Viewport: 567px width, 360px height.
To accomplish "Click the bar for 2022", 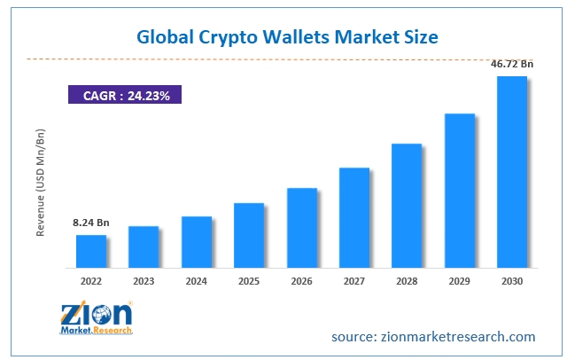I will tap(91, 251).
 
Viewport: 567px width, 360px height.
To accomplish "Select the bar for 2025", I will tap(249, 235).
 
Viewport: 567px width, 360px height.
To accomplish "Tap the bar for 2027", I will tap(354, 217).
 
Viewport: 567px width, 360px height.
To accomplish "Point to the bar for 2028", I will tap(407, 205).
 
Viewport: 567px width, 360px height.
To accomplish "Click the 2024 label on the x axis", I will tap(197, 281).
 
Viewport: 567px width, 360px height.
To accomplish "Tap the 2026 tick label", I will tap(301, 281).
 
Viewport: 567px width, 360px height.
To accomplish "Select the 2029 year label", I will tap(459, 281).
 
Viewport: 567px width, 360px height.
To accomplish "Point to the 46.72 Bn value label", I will tap(513, 64).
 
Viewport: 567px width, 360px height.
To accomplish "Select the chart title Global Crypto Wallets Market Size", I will tap(287, 38).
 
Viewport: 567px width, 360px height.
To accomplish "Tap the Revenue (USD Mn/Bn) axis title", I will tap(41, 183).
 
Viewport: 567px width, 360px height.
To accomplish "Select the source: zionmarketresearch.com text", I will tap(433, 337).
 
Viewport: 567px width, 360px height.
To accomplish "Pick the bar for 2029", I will tap(460, 190).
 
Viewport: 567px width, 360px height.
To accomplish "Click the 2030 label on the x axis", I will tap(512, 281).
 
